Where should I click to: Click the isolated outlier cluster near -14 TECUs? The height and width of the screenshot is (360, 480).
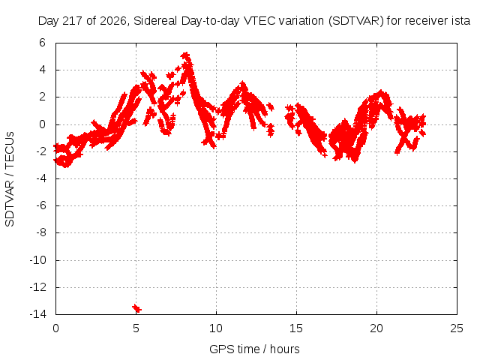136,308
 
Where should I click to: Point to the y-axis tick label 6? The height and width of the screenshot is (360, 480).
42,43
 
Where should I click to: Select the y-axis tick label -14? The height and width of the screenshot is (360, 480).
38,313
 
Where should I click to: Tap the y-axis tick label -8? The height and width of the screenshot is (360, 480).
40,232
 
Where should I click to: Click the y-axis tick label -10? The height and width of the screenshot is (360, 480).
38,260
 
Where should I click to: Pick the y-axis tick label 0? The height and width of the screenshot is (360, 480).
42,124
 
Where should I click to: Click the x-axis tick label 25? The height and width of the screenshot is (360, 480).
457,328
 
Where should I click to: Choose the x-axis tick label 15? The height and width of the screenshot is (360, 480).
296,328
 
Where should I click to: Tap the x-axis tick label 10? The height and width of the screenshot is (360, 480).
216,328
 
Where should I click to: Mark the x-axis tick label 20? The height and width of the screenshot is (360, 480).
376,328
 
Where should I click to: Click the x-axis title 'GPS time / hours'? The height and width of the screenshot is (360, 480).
254,349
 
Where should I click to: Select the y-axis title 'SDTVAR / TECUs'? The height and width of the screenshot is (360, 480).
10,179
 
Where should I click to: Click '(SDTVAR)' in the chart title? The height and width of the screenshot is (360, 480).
355,21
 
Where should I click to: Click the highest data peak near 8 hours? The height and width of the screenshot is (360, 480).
186,56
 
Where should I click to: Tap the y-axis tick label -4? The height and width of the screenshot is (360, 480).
40,178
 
